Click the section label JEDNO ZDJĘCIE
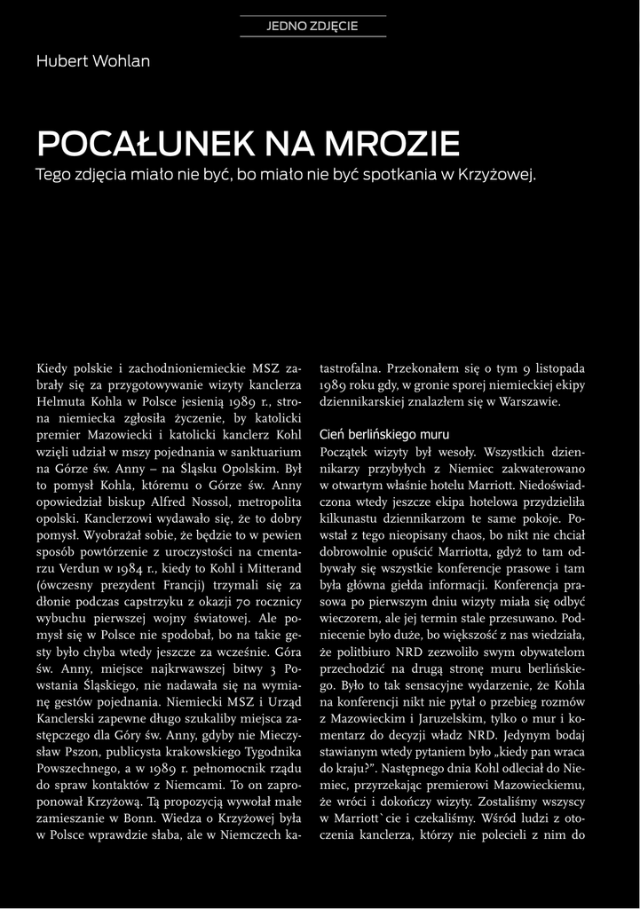[312, 26]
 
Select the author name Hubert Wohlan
[93, 61]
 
